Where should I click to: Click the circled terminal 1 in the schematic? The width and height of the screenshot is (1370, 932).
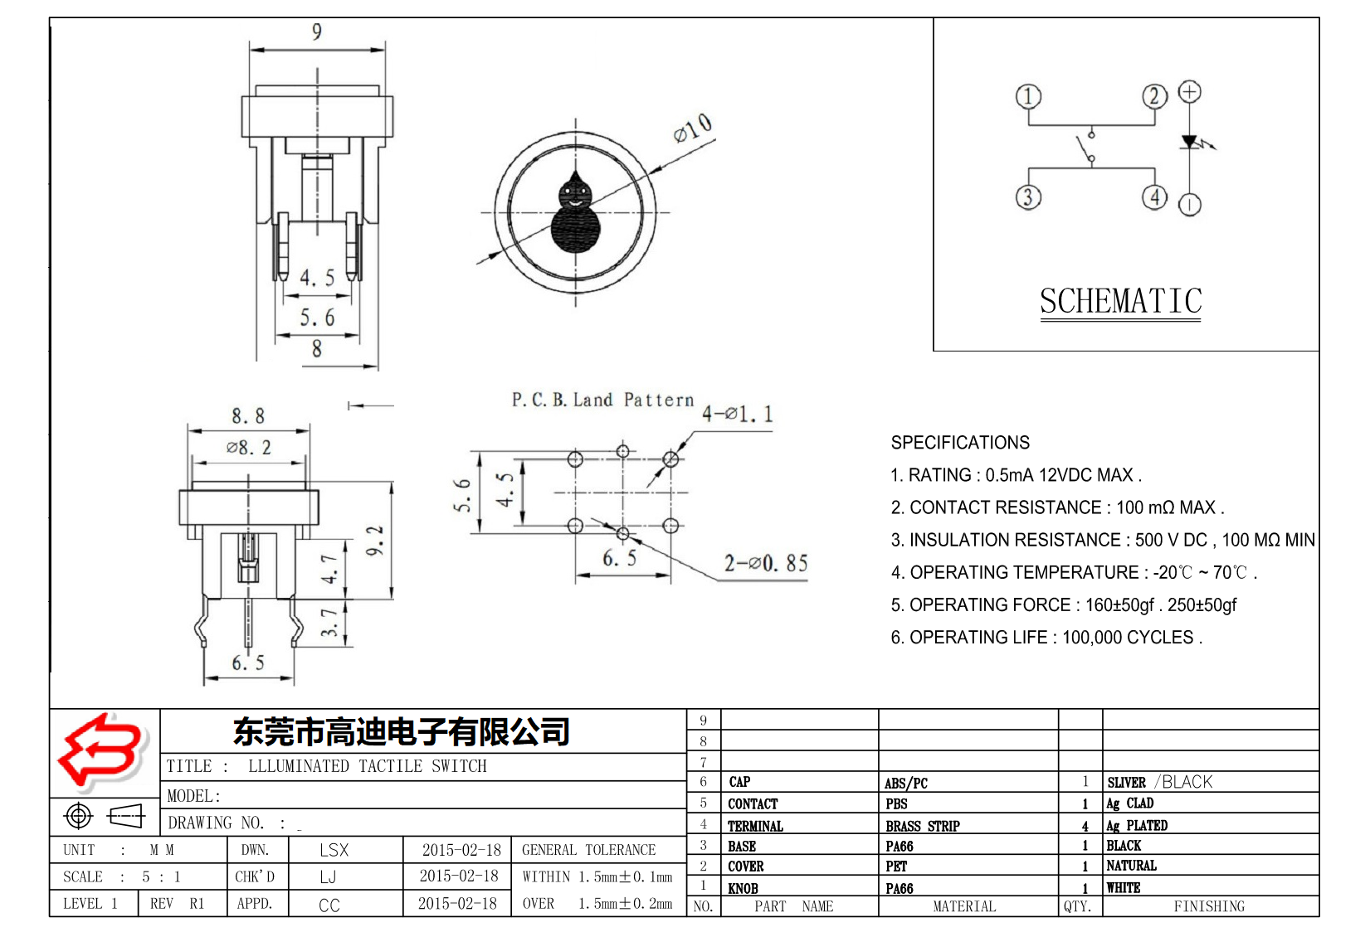(x=1028, y=96)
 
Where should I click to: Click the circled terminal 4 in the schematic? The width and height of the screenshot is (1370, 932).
(x=1154, y=197)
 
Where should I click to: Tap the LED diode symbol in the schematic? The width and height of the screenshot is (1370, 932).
(x=1190, y=143)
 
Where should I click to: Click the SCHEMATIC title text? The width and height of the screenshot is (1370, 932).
(x=1120, y=301)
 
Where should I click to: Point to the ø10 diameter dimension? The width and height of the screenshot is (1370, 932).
(x=692, y=129)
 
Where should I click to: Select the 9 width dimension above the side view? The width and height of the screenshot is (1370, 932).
(x=316, y=32)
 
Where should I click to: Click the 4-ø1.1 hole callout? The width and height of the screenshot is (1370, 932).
(x=737, y=414)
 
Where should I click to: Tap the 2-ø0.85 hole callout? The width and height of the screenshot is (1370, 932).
(x=765, y=564)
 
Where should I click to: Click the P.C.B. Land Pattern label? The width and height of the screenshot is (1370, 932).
(x=602, y=400)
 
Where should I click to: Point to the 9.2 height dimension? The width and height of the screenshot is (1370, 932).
(x=375, y=540)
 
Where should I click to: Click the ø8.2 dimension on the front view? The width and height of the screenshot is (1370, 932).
(x=249, y=448)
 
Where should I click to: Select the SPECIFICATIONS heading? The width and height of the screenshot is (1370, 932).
(x=960, y=443)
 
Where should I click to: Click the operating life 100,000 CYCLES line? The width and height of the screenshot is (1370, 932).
(x=1046, y=638)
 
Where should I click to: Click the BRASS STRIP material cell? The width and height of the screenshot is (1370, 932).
(x=922, y=826)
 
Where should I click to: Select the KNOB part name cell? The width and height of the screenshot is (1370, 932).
(x=743, y=888)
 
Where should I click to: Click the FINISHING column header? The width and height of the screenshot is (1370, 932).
(x=1208, y=906)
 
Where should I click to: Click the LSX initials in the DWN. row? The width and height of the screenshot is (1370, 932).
(x=334, y=850)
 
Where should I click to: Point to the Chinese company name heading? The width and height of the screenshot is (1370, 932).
(x=402, y=731)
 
